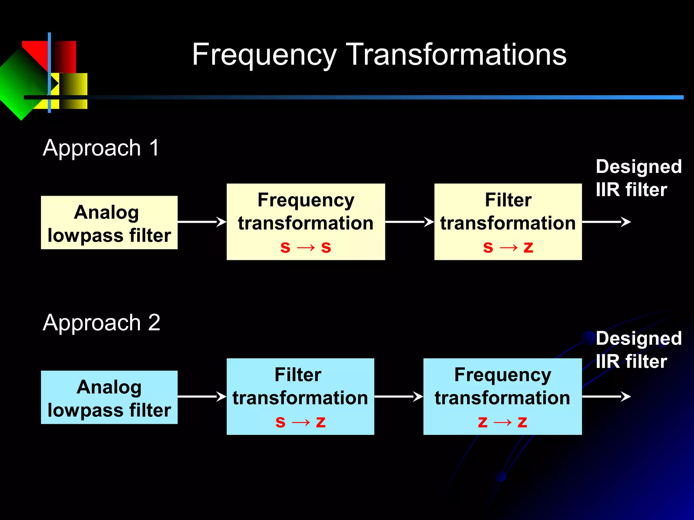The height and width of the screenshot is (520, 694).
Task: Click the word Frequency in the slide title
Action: [x=264, y=55]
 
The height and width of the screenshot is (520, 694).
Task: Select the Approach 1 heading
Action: [x=101, y=148]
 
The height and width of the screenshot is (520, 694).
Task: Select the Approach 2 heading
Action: [x=101, y=323]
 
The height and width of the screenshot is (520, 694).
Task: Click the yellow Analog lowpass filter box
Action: [x=109, y=223]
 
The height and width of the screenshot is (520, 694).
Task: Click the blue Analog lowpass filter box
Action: [x=109, y=397]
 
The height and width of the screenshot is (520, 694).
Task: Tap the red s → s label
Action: [x=306, y=247]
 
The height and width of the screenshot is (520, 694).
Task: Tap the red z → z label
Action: [x=503, y=422]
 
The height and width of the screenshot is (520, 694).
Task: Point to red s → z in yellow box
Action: [x=508, y=247]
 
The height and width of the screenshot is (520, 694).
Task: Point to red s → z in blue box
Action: [x=300, y=422]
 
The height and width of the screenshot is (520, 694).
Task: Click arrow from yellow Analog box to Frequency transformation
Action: [x=202, y=222]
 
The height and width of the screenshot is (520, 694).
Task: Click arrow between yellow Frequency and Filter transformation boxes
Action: [x=409, y=222]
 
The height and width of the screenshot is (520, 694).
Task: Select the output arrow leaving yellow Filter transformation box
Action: [x=606, y=222]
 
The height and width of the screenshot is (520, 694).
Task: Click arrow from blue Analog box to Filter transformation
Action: [x=202, y=396]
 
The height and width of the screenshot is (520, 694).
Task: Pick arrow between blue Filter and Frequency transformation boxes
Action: [x=399, y=396]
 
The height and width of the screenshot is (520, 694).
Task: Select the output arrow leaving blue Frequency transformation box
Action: [x=606, y=396]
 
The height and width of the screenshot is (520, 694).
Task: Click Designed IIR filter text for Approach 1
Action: [x=638, y=178]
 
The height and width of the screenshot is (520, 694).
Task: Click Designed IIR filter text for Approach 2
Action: [x=638, y=350]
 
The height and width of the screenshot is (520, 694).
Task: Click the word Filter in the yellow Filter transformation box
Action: [x=508, y=200]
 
